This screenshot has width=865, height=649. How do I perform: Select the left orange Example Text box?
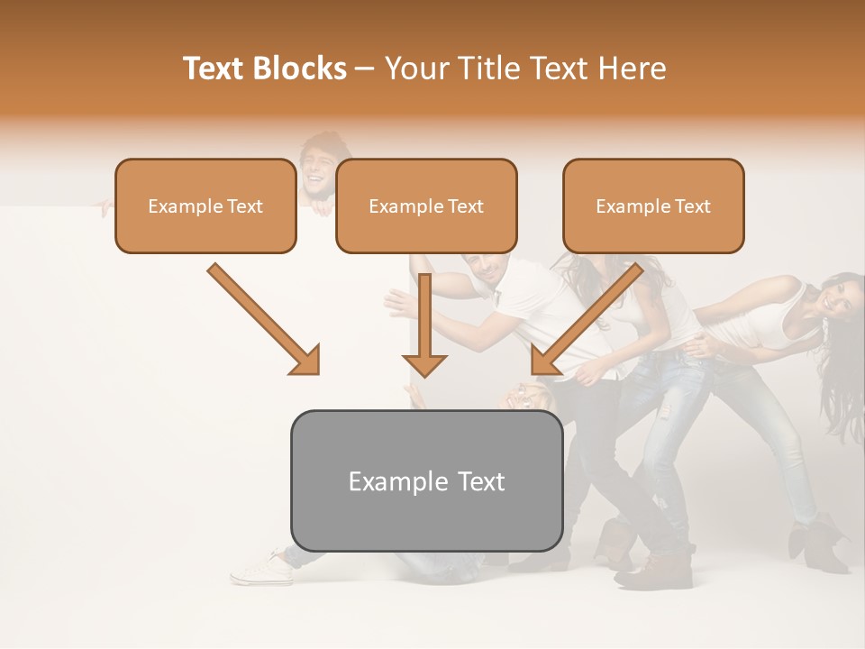tap(205, 206)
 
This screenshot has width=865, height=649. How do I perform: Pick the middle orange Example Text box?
tap(426, 206)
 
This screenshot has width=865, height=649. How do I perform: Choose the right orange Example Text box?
tap(653, 206)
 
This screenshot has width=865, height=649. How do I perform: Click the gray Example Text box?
tap(426, 480)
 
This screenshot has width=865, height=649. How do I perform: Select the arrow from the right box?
tap(586, 320)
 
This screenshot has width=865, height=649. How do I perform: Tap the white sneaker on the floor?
tap(262, 567)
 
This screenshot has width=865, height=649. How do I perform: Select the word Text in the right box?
tap(692, 206)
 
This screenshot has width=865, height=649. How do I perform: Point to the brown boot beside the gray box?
tap(661, 568)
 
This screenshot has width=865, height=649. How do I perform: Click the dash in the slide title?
tap(365, 69)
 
